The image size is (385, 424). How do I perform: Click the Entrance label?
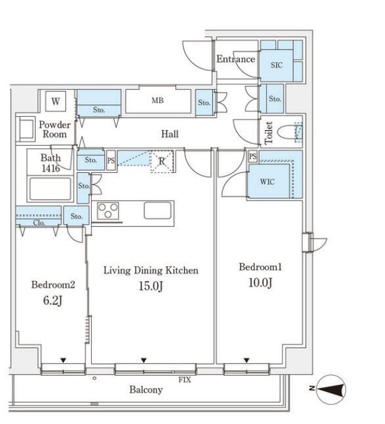[236, 60]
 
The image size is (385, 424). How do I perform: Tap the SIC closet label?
[276, 65]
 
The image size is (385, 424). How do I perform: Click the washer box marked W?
[55, 101]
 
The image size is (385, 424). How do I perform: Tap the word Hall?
[170, 134]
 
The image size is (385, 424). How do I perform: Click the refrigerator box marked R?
[161, 161]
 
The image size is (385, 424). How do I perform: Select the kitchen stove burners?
[108, 210]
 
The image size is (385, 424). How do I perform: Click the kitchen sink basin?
[158, 210]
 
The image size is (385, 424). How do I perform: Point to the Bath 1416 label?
[51, 163]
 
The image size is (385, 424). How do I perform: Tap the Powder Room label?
[55, 129]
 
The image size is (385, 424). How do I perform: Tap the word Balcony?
[146, 389]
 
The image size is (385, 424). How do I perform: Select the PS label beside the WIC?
[252, 156]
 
